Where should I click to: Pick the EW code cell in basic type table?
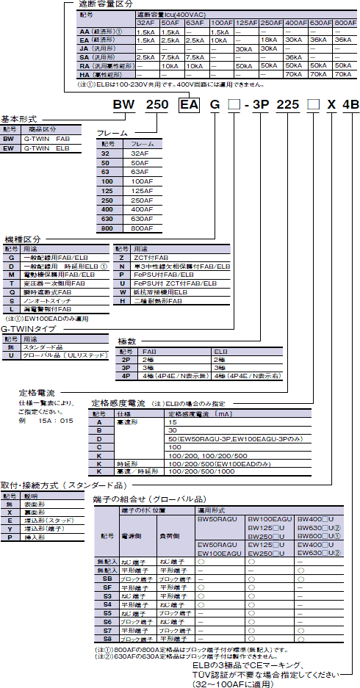coord(9,148)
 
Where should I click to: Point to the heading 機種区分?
coord(24,239)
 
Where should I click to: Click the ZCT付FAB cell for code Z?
coord(147,258)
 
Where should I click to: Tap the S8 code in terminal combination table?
coord(107,639)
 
